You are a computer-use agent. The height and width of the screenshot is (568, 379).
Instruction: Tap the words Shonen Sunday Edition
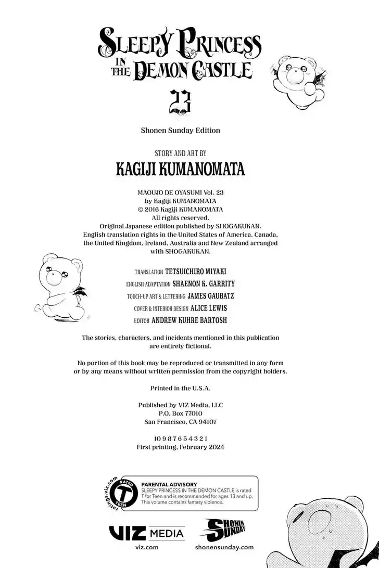coord(181,131)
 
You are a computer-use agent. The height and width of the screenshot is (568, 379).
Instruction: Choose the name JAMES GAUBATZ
coord(211,296)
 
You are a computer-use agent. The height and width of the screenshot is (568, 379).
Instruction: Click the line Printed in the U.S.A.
coord(181,388)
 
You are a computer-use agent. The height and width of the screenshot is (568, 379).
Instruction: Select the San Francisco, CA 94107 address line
coord(181,422)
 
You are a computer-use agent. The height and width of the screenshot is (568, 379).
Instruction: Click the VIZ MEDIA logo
coord(146,534)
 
